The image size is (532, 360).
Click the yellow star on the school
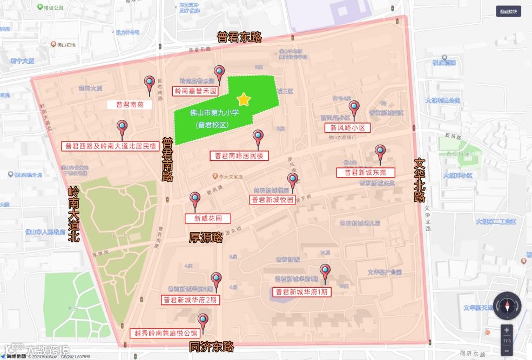click(x=244, y=99)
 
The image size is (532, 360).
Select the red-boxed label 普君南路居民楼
click(x=239, y=156)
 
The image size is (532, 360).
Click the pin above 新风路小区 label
click(x=354, y=108)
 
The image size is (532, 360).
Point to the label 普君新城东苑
click(x=366, y=173)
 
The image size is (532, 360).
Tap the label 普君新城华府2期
click(x=190, y=300)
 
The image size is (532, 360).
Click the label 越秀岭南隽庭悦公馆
click(x=165, y=333)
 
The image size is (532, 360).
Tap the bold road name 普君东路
click(x=239, y=37)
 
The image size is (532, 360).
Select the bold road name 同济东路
click(x=211, y=347)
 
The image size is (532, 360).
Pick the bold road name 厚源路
click(x=206, y=237)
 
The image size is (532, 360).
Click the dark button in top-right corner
click(x=508, y=11)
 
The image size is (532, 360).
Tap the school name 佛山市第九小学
click(x=214, y=113)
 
